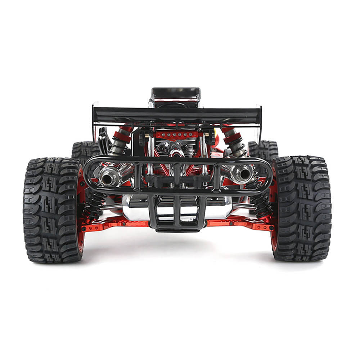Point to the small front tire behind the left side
(85, 149)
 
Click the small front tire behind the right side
(265, 148)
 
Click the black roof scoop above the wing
(176, 94)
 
